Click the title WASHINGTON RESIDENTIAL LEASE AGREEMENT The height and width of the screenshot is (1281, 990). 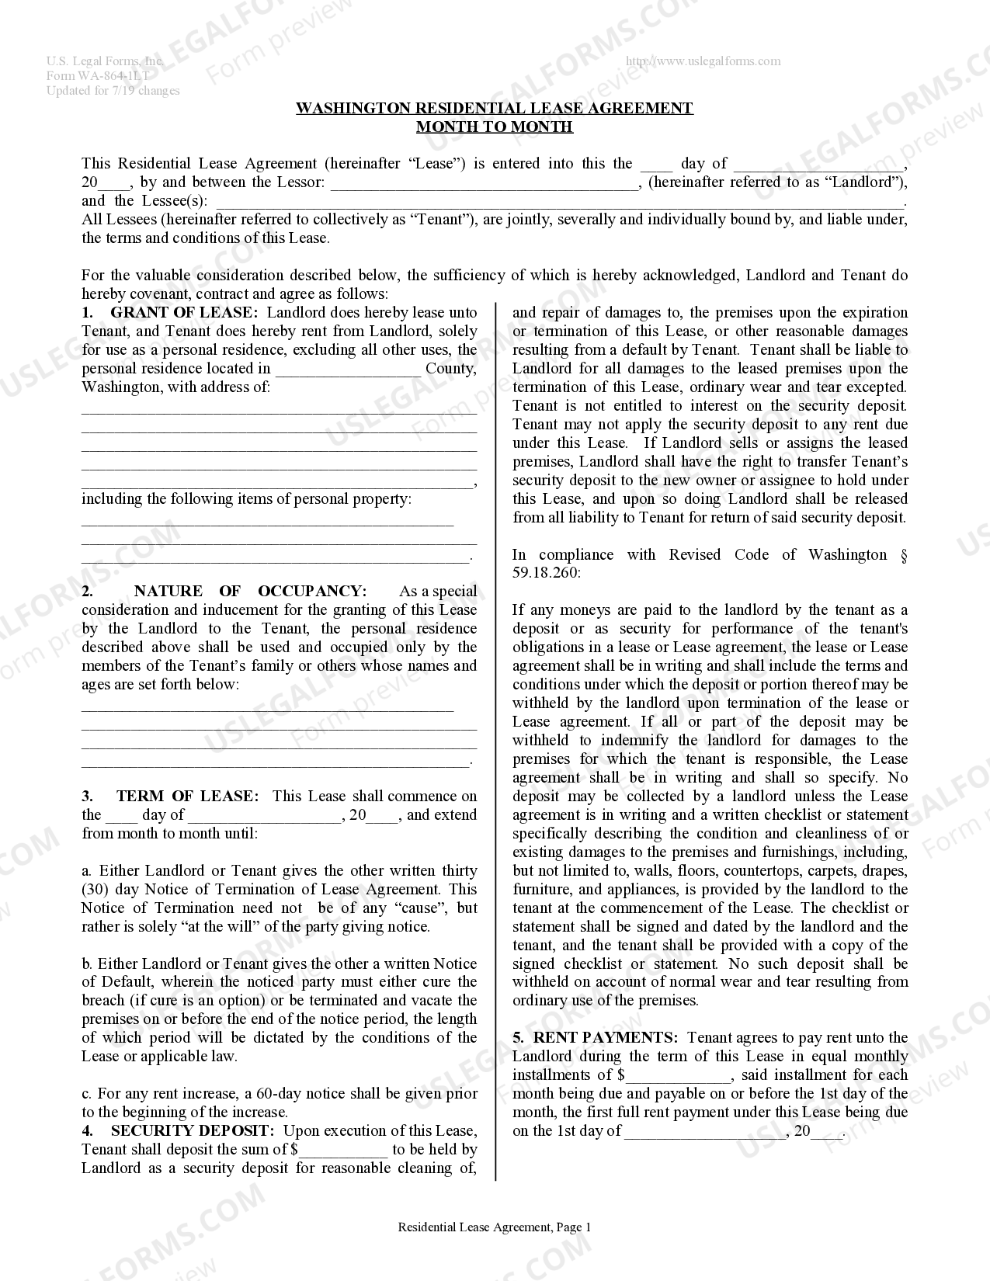click(494, 109)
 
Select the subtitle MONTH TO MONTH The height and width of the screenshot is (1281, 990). click(494, 127)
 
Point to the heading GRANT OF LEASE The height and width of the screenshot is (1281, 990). click(184, 313)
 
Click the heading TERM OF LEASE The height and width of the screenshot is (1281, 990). click(186, 797)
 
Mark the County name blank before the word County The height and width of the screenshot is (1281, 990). click(347, 371)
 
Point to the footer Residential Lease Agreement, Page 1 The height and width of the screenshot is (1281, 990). click(494, 1227)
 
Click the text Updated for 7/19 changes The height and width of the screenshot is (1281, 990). click(113, 91)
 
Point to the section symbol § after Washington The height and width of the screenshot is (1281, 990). click(902, 555)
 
